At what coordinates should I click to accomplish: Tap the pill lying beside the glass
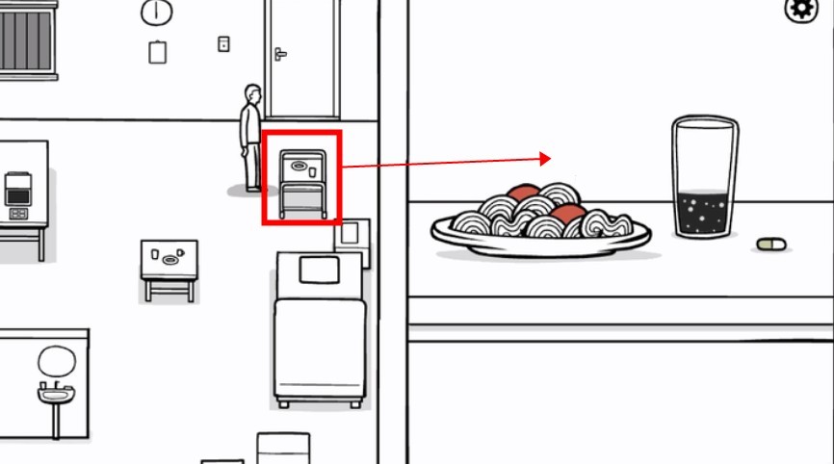pyautogui.click(x=771, y=245)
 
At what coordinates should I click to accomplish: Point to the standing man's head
pyautogui.click(x=253, y=94)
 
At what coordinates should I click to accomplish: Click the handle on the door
pyautogui.click(x=280, y=54)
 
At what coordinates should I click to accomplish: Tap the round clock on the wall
pyautogui.click(x=156, y=13)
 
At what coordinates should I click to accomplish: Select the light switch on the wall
pyautogui.click(x=224, y=43)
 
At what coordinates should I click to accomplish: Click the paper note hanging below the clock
pyautogui.click(x=158, y=52)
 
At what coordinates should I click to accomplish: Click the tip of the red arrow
pyautogui.click(x=550, y=158)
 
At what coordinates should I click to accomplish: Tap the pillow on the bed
pyautogui.click(x=320, y=271)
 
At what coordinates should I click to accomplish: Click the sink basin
pyautogui.click(x=56, y=394)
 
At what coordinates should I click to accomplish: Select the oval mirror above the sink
pyautogui.click(x=56, y=362)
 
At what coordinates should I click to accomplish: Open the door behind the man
pyautogui.click(x=303, y=58)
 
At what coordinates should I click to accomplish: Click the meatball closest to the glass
pyautogui.click(x=569, y=213)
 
